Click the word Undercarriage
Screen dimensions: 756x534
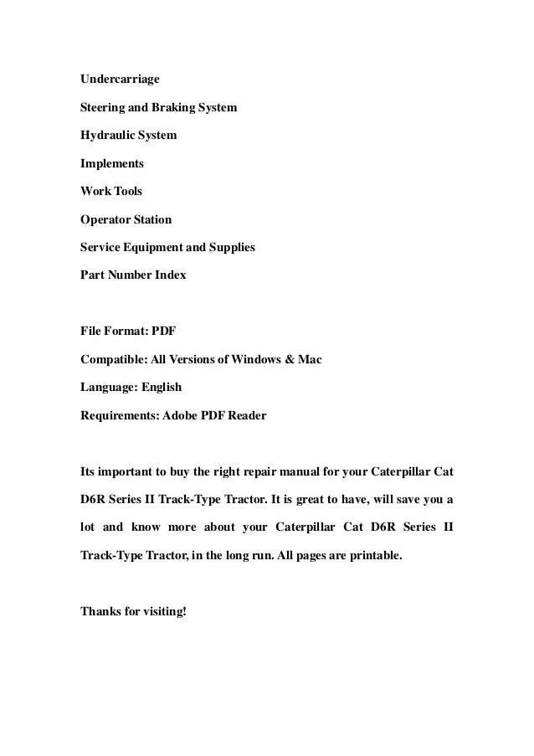[x=120, y=80]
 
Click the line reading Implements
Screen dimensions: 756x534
[x=111, y=163]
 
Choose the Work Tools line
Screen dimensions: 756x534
[x=111, y=191]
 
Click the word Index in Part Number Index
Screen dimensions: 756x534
[x=171, y=275]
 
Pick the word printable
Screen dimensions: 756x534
[x=374, y=554]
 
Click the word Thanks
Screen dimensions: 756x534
[x=100, y=609]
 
